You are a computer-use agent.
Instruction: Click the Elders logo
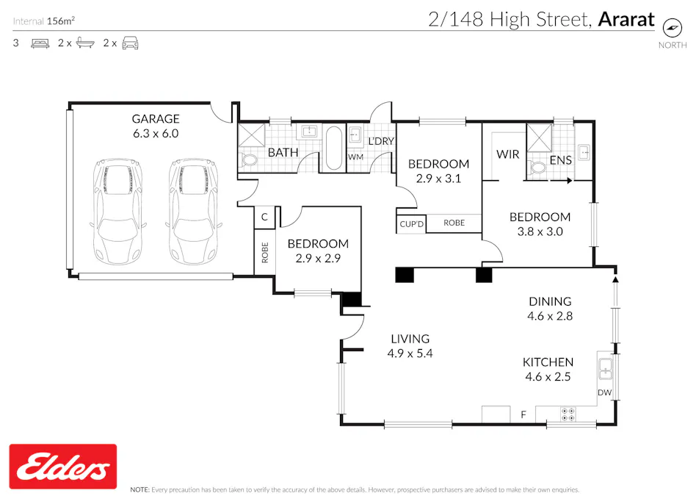(62, 466)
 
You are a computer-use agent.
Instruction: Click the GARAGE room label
(155, 118)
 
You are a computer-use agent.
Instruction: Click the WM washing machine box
(356, 157)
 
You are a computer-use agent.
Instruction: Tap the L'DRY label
(381, 141)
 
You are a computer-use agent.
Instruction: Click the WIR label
(508, 154)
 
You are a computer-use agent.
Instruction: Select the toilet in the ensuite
(539, 167)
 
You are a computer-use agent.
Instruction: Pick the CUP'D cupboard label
(411, 223)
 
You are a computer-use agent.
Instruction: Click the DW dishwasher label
(604, 393)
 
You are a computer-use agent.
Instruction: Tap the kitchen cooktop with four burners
(568, 414)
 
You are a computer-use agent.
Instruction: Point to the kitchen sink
(606, 367)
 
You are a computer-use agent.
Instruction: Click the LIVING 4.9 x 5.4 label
(410, 346)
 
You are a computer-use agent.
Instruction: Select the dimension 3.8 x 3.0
(540, 231)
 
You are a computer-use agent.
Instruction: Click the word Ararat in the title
(626, 19)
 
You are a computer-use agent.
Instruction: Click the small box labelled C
(264, 218)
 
